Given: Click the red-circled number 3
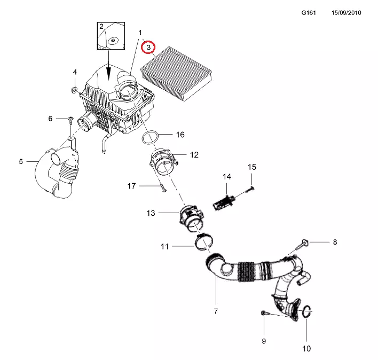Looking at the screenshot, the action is (x=148, y=47).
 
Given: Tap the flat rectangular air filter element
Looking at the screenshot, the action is (x=176, y=74).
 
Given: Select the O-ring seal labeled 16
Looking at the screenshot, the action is (x=150, y=137).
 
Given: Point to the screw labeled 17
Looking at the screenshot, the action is (x=163, y=188).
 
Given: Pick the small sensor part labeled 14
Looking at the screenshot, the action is (x=224, y=202).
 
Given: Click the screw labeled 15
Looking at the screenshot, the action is (x=250, y=189).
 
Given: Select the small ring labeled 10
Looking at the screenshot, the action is (x=307, y=311).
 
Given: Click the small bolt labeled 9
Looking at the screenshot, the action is (x=264, y=313).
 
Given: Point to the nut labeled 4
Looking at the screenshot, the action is (x=75, y=90).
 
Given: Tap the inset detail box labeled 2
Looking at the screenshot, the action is (x=111, y=36).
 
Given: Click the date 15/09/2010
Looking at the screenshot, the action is (x=346, y=12).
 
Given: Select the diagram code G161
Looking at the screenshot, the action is (x=309, y=12).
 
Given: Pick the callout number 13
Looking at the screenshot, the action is (x=151, y=213).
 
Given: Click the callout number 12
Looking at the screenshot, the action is (x=194, y=154).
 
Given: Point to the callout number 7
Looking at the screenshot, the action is (x=216, y=311).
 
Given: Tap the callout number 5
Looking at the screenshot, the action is (x=21, y=161).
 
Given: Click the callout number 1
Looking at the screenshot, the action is (x=140, y=32).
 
